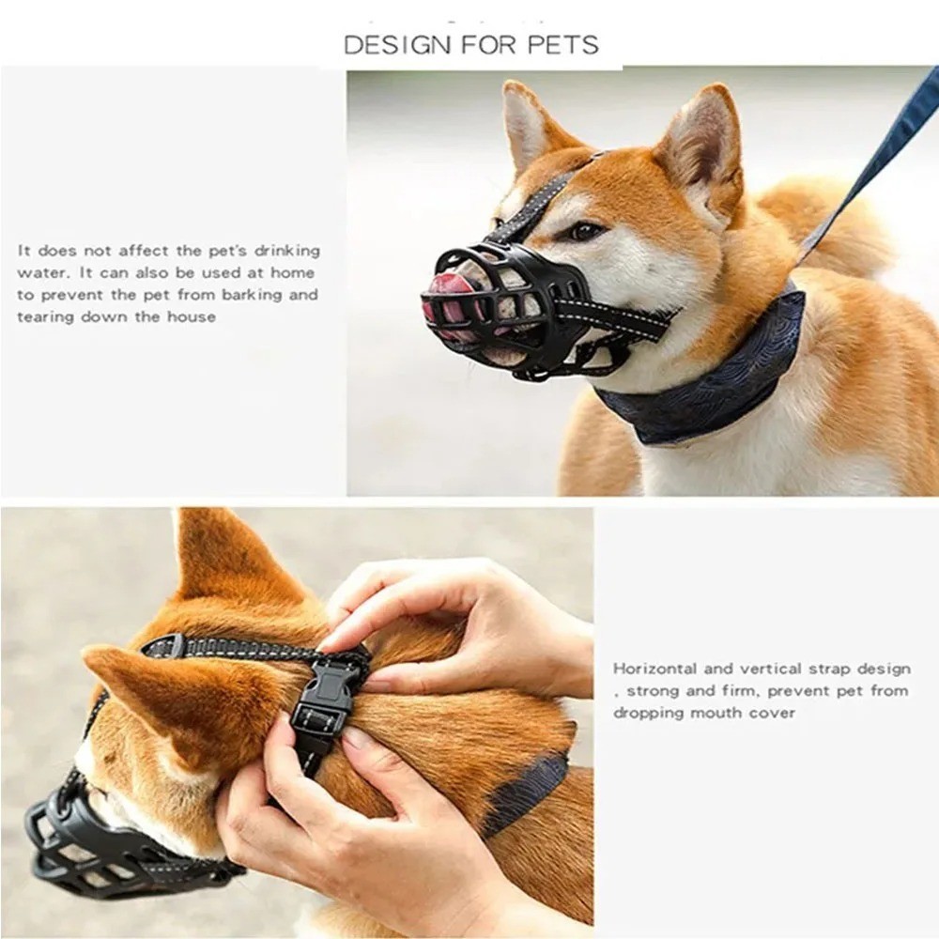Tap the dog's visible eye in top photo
(x=584, y=231)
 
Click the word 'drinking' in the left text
(x=287, y=251)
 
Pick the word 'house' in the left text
(x=192, y=317)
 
